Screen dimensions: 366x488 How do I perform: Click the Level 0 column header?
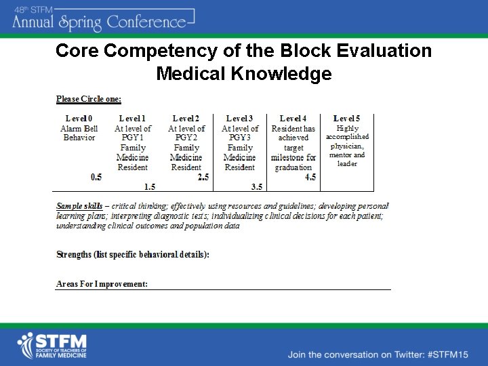pyautogui.click(x=79, y=119)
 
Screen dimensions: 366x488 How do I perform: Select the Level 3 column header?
pyautogui.click(x=240, y=119)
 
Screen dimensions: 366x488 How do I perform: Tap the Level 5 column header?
pyautogui.click(x=347, y=119)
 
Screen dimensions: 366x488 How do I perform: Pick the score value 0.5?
pyautogui.click(x=96, y=178)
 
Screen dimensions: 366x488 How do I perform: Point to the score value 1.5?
pyautogui.click(x=150, y=186)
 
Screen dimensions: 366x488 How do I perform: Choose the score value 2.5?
pyautogui.click(x=203, y=178)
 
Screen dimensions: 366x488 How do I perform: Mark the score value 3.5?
pyautogui.click(x=256, y=186)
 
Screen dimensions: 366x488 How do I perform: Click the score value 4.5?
pyautogui.click(x=310, y=178)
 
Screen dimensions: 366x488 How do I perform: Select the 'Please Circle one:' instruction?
pyautogui.click(x=89, y=99)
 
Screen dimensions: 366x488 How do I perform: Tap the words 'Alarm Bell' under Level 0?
pyautogui.click(x=79, y=129)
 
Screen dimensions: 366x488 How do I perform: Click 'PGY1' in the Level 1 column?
pyautogui.click(x=133, y=138)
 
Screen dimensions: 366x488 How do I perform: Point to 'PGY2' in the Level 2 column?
pyautogui.click(x=186, y=138)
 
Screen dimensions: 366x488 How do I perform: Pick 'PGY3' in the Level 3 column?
pyautogui.click(x=240, y=138)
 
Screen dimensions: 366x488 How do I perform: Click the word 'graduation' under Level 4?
pyautogui.click(x=293, y=167)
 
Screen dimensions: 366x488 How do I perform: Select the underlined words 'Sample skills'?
pyautogui.click(x=79, y=206)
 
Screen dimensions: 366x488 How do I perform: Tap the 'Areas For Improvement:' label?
pyautogui.click(x=102, y=284)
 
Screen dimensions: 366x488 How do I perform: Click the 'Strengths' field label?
pyautogui.click(x=74, y=255)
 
